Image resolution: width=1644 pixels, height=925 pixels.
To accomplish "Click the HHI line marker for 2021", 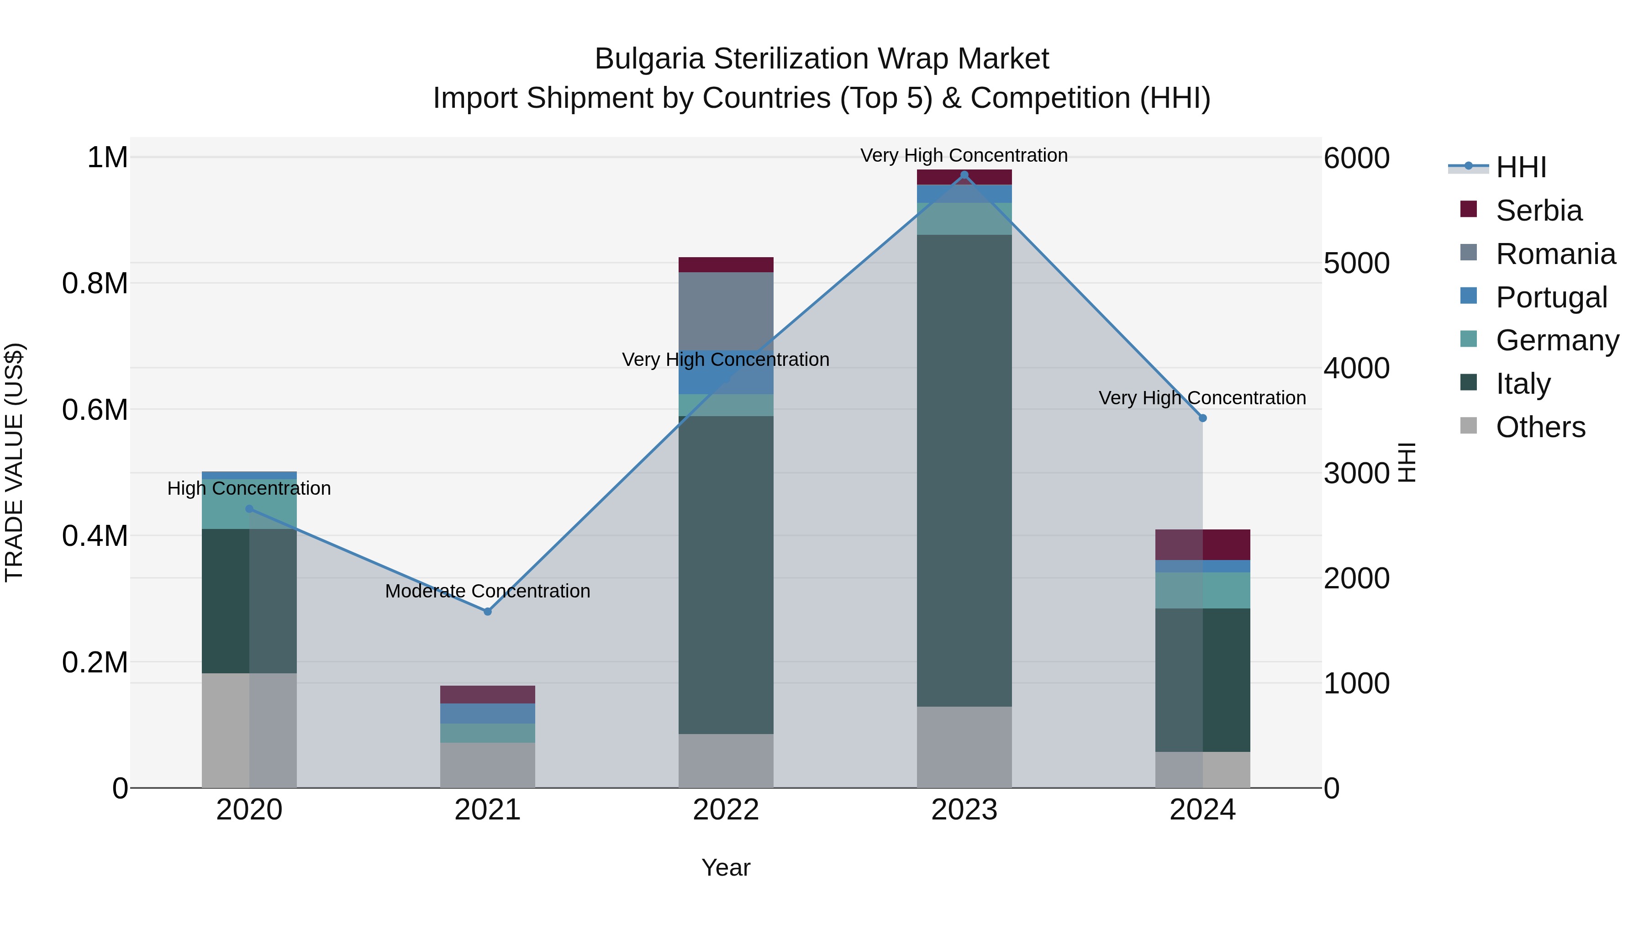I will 488,612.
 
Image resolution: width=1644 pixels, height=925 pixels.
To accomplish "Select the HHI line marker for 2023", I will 964,175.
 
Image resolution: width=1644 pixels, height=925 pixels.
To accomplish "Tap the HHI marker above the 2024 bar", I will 1202,418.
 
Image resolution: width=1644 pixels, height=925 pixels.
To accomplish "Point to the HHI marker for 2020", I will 249,509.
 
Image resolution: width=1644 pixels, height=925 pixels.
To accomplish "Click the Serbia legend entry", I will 1538,211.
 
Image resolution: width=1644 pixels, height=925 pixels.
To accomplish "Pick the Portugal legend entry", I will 1551,297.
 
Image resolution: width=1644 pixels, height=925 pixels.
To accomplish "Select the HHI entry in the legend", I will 1520,167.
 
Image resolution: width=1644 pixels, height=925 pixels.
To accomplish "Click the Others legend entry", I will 1539,427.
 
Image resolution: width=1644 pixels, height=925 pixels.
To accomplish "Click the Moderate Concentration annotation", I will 488,591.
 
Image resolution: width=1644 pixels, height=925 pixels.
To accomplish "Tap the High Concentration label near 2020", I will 249,488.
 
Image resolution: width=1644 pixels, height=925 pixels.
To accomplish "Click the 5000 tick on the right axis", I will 1356,263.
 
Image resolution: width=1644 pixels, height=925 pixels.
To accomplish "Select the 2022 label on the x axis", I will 726,810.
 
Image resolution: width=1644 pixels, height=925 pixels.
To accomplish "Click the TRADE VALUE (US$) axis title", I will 14,462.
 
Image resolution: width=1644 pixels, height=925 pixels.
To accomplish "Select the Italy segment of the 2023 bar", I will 964,470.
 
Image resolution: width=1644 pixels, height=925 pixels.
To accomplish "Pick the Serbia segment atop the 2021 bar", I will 488,694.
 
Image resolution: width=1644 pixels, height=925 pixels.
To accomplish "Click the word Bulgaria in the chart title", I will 649,59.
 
